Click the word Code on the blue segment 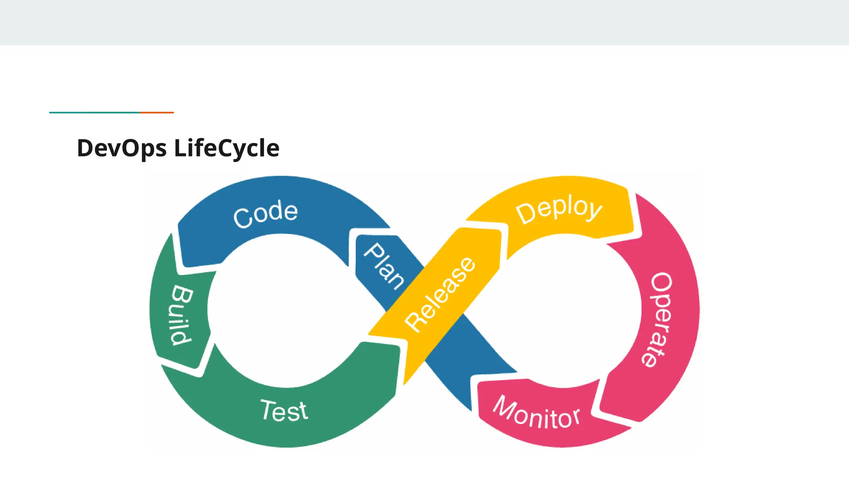pos(266,213)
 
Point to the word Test pos(284,410)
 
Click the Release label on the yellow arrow pos(440,294)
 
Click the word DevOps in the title pos(122,148)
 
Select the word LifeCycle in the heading pos(227,148)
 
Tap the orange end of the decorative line pos(157,112)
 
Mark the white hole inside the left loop pos(282,311)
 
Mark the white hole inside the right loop pos(568,311)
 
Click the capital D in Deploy pos(526,213)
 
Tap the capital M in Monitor pos(504,406)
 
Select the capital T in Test pos(268,410)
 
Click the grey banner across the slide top pos(424,22)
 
